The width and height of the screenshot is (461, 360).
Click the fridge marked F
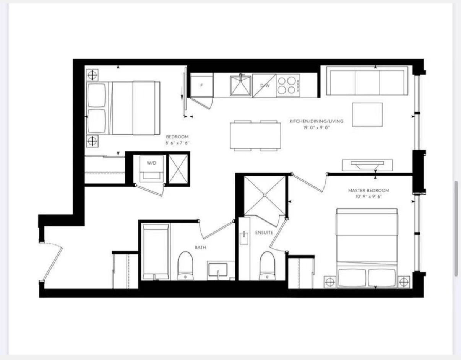[x=201, y=85]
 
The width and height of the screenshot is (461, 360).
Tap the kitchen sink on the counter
[x=240, y=85]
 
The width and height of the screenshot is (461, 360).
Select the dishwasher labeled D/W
[x=265, y=86]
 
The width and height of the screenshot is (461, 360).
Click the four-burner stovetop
[x=288, y=86]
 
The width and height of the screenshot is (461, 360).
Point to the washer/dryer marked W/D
[x=151, y=169]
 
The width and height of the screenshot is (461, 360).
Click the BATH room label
[x=200, y=247]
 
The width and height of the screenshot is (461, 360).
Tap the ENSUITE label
[x=264, y=233]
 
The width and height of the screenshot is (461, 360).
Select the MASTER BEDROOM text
[x=368, y=191]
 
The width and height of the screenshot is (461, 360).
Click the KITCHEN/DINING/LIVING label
[x=316, y=121]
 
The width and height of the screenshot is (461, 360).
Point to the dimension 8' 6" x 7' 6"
[x=177, y=143]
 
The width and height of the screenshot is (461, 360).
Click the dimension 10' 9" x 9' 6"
[x=368, y=197]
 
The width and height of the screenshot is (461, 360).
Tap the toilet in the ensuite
[x=267, y=266]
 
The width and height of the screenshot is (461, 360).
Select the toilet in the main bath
[x=185, y=266]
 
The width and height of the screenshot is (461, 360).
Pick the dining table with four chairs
[x=255, y=136]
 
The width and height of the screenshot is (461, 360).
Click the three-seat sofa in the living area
[x=367, y=81]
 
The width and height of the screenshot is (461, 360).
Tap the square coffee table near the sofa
[x=367, y=115]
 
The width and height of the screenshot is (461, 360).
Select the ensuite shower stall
[x=265, y=195]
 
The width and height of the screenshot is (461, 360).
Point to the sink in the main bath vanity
[x=218, y=270]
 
